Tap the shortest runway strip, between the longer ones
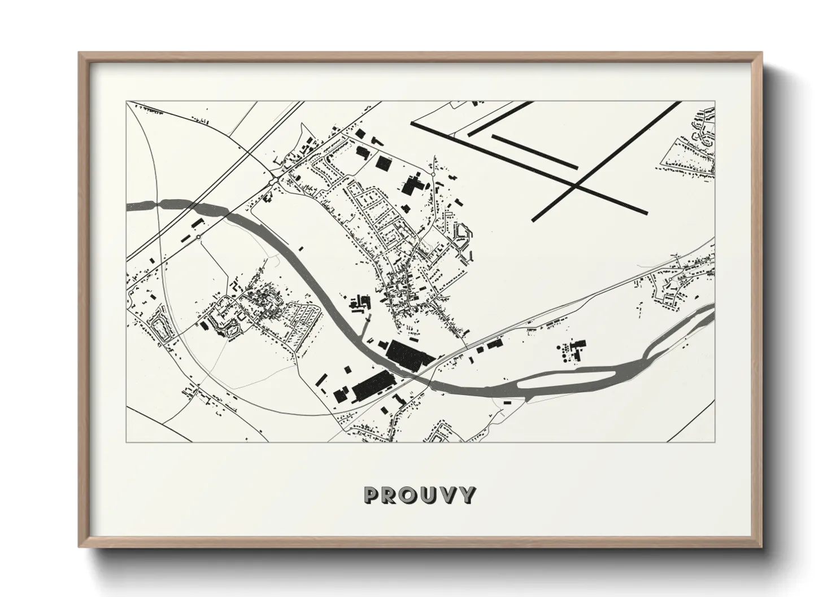(534, 151)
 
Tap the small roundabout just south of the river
(199, 237)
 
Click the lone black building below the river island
(507, 402)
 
